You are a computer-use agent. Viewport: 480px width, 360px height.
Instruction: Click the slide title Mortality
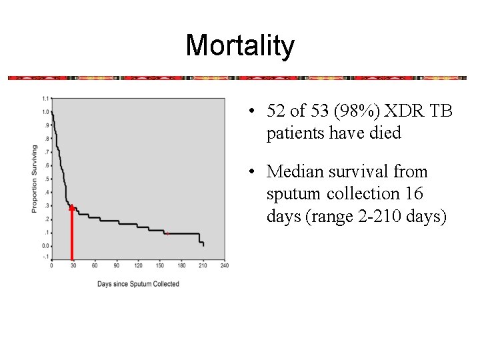coord(240,45)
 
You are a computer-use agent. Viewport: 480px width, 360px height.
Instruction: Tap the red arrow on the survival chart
coord(72,232)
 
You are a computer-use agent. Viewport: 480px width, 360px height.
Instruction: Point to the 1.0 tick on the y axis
coord(46,112)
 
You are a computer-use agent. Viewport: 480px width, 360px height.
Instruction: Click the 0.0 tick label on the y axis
coord(46,246)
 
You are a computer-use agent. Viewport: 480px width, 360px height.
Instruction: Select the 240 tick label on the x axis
coord(225,265)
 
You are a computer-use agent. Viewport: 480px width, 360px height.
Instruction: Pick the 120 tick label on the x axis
coord(139,265)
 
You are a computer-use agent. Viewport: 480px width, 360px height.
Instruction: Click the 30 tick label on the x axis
coord(73,265)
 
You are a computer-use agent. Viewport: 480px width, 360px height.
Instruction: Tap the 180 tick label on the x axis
coord(181,265)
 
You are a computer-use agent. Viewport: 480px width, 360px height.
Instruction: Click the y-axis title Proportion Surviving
coord(34,179)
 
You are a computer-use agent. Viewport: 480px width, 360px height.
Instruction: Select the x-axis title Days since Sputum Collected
coord(138,284)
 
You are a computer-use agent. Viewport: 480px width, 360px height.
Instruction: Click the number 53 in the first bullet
coord(319,111)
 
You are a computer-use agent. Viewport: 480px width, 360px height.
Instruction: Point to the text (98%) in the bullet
coord(357,111)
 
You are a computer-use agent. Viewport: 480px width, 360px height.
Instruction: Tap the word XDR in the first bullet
coord(404,111)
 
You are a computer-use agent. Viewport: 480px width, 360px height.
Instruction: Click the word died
coord(385,133)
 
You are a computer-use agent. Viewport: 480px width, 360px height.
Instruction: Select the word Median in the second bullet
coord(295,171)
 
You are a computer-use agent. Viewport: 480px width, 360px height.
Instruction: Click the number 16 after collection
coord(415,193)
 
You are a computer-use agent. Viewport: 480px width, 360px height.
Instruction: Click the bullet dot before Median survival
coord(251,171)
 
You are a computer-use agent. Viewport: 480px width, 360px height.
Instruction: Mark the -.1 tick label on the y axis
coord(46,257)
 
